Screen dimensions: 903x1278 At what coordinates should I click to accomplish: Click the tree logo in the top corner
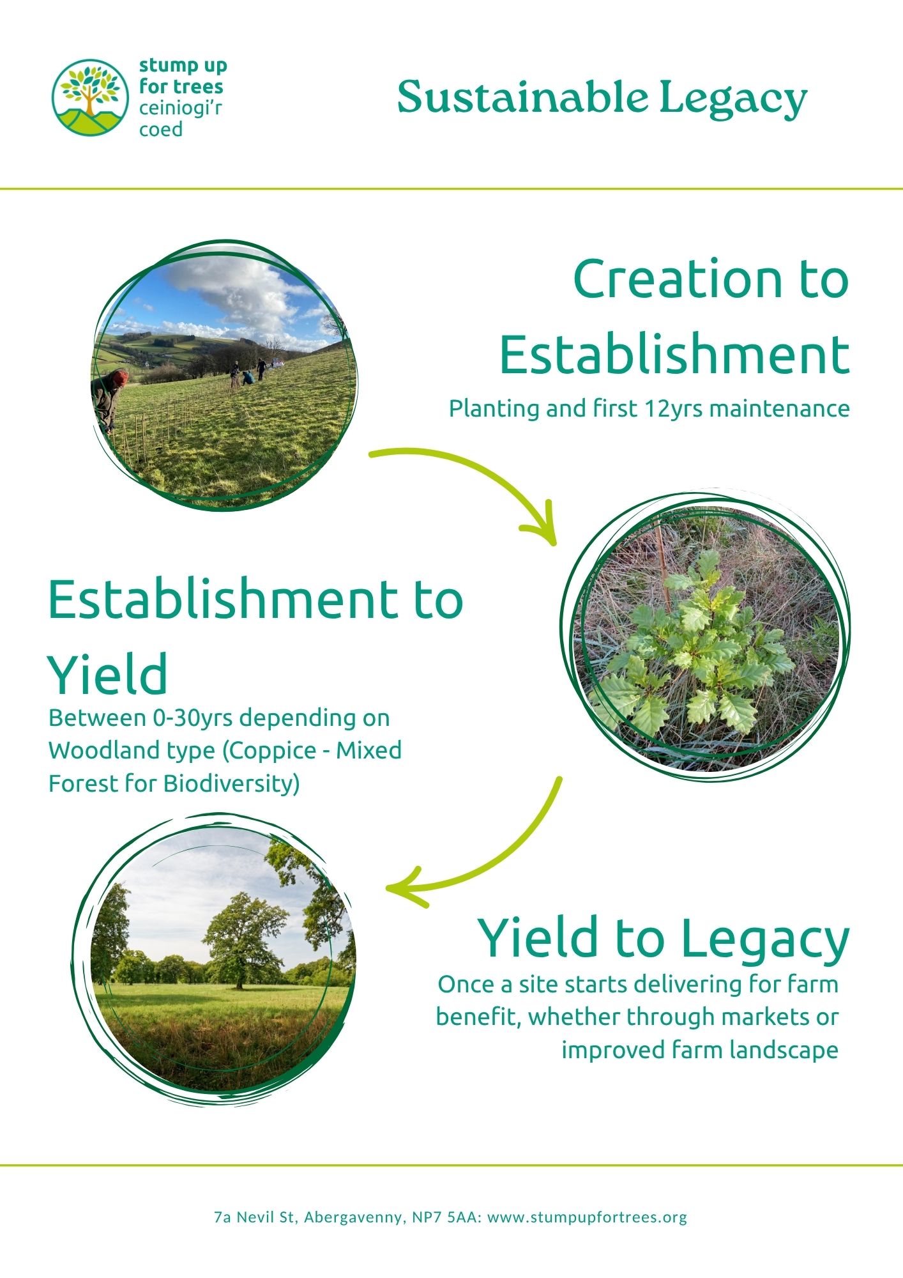click(91, 97)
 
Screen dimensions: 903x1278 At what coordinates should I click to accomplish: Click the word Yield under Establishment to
click(108, 674)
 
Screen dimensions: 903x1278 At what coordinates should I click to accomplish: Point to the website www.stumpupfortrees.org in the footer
click(587, 1217)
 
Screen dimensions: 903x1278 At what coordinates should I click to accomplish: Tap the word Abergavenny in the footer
click(354, 1218)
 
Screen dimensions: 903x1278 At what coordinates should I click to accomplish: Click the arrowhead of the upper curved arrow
click(542, 526)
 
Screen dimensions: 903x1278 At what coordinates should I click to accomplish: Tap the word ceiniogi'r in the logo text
click(181, 109)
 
